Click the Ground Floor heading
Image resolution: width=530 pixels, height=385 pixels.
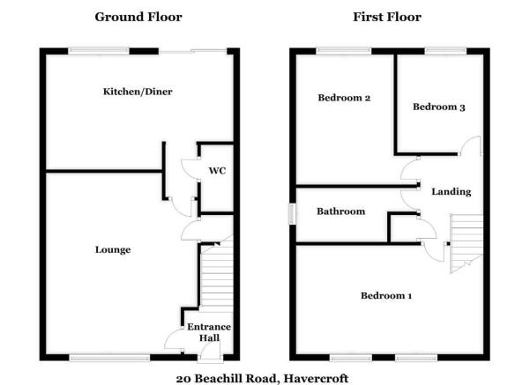[138, 17]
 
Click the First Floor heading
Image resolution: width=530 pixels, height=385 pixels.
[387, 17]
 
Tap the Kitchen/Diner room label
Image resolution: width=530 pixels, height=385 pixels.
[138, 92]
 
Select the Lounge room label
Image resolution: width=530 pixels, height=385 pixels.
[113, 250]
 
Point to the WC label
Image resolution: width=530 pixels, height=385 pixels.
[217, 171]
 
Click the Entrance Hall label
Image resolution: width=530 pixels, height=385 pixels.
[209, 332]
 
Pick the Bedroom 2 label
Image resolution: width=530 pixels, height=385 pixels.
[344, 98]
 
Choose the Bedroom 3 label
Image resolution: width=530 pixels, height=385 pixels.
[439, 107]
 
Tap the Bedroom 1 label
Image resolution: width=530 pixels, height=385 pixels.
[386, 296]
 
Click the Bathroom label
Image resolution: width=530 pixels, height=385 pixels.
[340, 211]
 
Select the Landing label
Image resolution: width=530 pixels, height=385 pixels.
[452, 192]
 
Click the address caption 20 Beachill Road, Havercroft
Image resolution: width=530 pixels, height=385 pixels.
[262, 379]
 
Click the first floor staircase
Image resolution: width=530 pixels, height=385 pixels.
[467, 243]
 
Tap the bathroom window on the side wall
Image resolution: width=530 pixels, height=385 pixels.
[292, 214]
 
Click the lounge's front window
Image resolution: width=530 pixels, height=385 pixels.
[109, 358]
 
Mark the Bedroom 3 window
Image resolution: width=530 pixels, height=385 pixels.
[445, 51]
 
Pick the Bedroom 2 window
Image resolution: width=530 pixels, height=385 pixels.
[344, 51]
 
